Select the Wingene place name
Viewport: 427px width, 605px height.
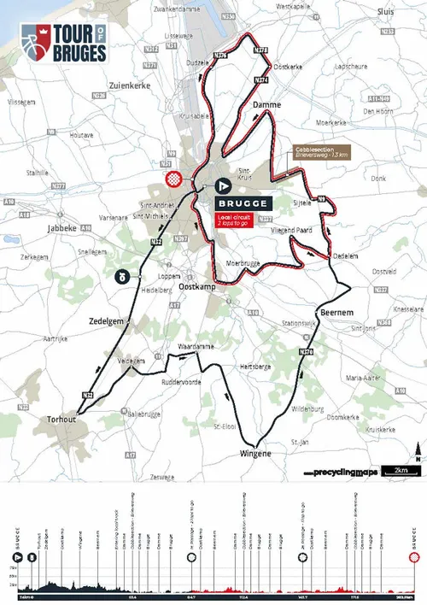pos(254,454)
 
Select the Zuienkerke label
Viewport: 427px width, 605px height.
pos(130,85)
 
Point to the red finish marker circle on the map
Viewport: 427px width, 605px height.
pos(174,179)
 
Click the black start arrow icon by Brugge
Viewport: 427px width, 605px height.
pos(223,185)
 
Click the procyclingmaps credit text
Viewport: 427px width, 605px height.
pos(344,472)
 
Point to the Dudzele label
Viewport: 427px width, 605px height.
pos(197,63)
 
